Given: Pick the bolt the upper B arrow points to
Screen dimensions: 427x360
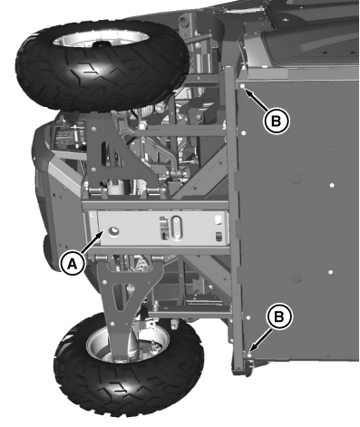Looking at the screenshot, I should [x=246, y=87].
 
